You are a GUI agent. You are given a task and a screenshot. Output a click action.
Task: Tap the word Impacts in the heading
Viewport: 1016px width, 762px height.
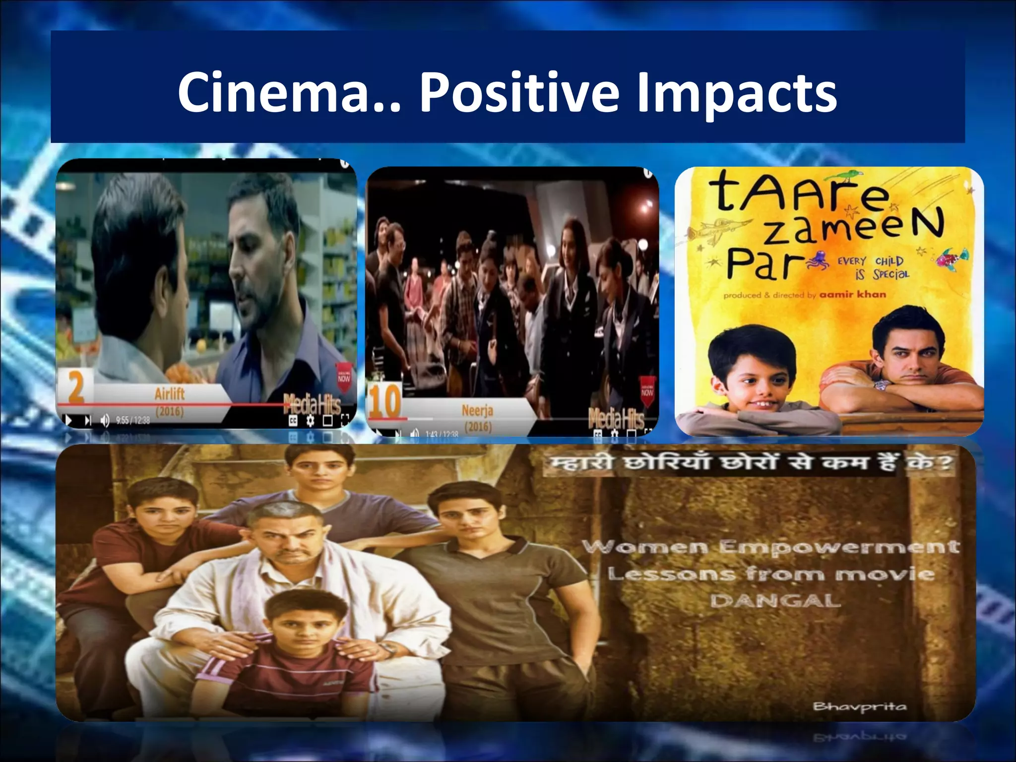[x=737, y=93]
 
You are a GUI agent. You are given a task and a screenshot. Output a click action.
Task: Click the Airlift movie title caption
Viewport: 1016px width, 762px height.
[x=170, y=394]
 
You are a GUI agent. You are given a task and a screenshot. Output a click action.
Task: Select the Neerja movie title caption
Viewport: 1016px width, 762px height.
[x=477, y=411]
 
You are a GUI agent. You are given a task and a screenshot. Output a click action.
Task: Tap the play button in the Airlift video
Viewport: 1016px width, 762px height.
[x=68, y=421]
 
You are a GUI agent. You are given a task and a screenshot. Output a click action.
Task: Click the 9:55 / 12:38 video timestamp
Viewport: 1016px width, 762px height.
[x=132, y=421]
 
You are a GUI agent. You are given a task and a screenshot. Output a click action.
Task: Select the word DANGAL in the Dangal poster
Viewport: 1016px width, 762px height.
[x=775, y=601]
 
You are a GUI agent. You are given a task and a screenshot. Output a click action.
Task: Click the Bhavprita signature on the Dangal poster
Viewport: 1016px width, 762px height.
[x=860, y=706]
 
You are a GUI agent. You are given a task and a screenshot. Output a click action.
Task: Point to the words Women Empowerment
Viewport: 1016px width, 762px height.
[x=770, y=547]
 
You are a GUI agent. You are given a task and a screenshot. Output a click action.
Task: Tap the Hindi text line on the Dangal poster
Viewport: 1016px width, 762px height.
[x=749, y=463]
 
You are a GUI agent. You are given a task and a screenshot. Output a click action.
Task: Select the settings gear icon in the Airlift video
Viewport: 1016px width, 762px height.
[x=311, y=421]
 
